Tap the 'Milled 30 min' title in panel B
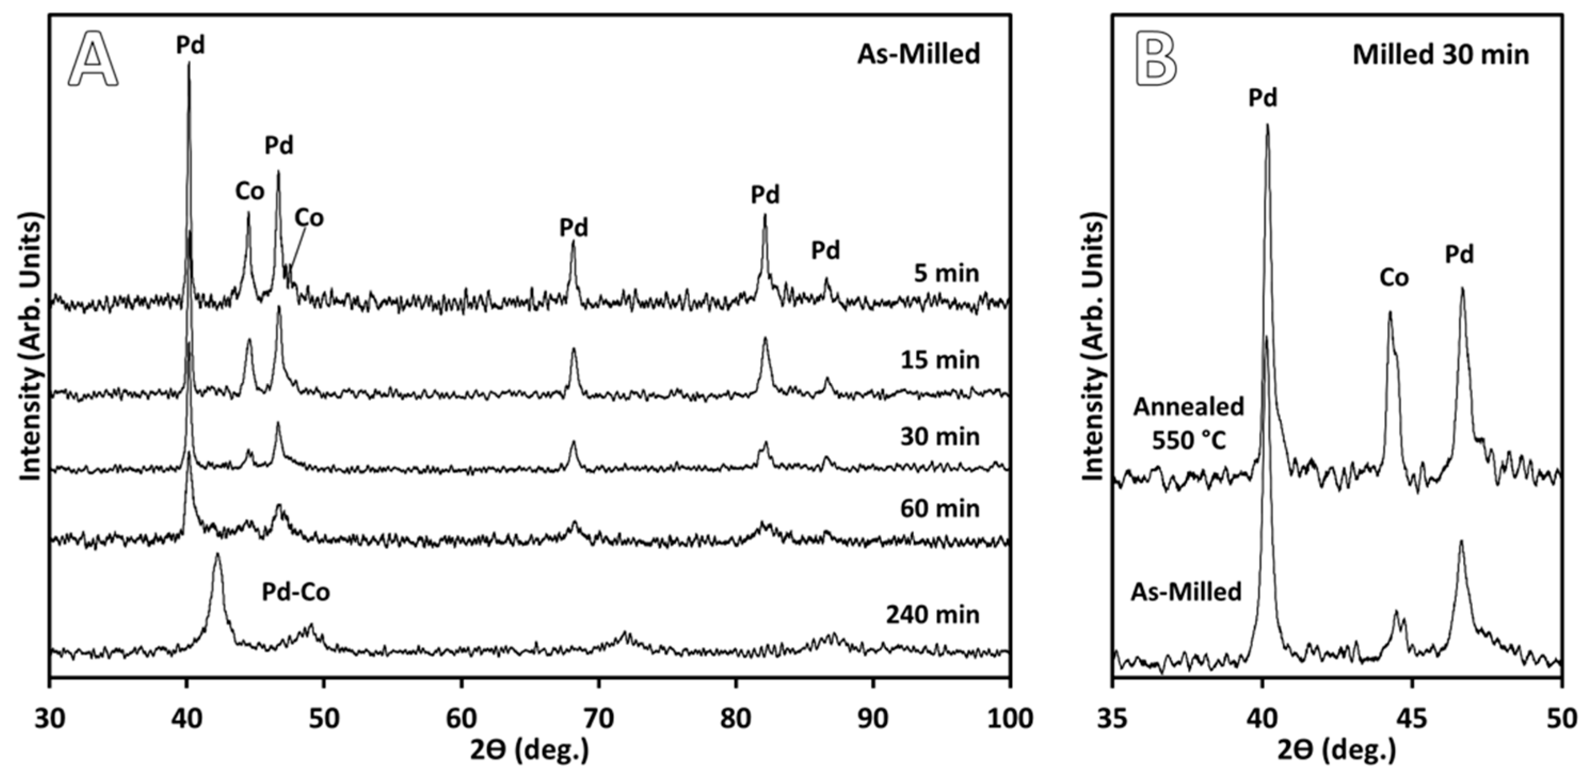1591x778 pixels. click(1440, 55)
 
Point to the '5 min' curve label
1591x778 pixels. click(946, 273)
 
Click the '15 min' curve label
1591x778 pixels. click(939, 359)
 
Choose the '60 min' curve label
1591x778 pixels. click(939, 508)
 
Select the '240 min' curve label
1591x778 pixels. click(933, 615)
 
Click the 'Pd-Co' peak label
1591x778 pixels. click(296, 592)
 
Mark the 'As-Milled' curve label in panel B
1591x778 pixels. click(1186, 592)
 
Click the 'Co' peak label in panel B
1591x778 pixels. click(1394, 278)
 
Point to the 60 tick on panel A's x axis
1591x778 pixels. click(461, 719)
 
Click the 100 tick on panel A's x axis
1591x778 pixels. click(1009, 719)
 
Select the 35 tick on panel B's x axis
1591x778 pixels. click(1113, 719)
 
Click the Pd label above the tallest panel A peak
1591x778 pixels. click(190, 45)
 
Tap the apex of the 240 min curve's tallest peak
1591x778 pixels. click(217, 554)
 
